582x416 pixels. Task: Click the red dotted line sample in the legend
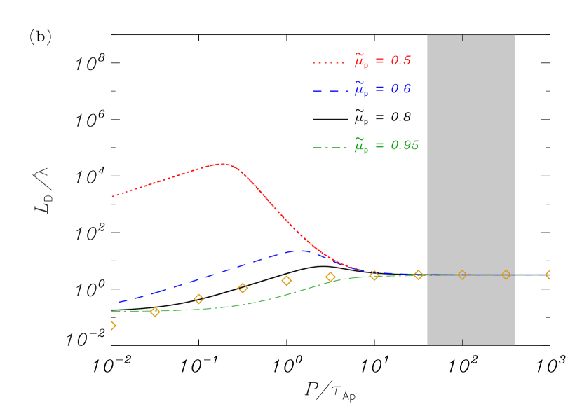pyautogui.click(x=328, y=62)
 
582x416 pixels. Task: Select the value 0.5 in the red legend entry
pyautogui.click(x=400, y=61)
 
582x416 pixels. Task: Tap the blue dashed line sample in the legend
pyautogui.click(x=328, y=91)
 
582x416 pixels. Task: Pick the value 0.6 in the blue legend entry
pyautogui.click(x=400, y=90)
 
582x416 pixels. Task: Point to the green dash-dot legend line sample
pyautogui.click(x=328, y=147)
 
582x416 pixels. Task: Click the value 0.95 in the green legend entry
pyautogui.click(x=405, y=146)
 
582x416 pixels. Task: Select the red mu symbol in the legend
pyautogui.click(x=360, y=62)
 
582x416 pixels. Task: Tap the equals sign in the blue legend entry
pyautogui.click(x=379, y=90)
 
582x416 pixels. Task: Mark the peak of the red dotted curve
pyautogui.click(x=222, y=164)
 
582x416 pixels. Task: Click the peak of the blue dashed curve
pyautogui.click(x=302, y=250)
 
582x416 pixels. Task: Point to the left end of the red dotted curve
pyautogui.click(x=113, y=196)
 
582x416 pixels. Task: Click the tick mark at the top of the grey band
pyautogui.click(x=462, y=37)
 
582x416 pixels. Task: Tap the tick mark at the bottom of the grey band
pyautogui.click(x=462, y=342)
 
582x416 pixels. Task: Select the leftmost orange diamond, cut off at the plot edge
pyautogui.click(x=112, y=325)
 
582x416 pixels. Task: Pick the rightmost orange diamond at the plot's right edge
pyautogui.click(x=548, y=275)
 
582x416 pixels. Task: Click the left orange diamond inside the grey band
pyautogui.click(x=462, y=275)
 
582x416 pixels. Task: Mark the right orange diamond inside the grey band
pyautogui.click(x=506, y=275)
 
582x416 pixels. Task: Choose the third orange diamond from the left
pyautogui.click(x=198, y=299)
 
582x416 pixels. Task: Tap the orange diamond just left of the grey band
pyautogui.click(x=418, y=275)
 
